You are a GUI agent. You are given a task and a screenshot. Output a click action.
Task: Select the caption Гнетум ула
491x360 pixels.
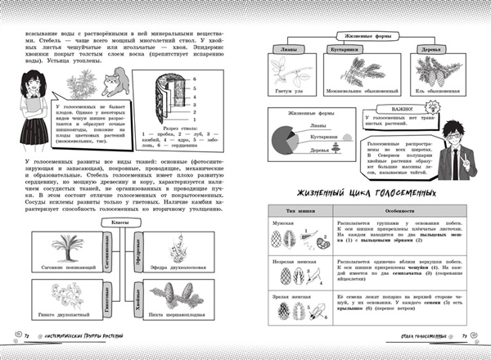tap(286, 90)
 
